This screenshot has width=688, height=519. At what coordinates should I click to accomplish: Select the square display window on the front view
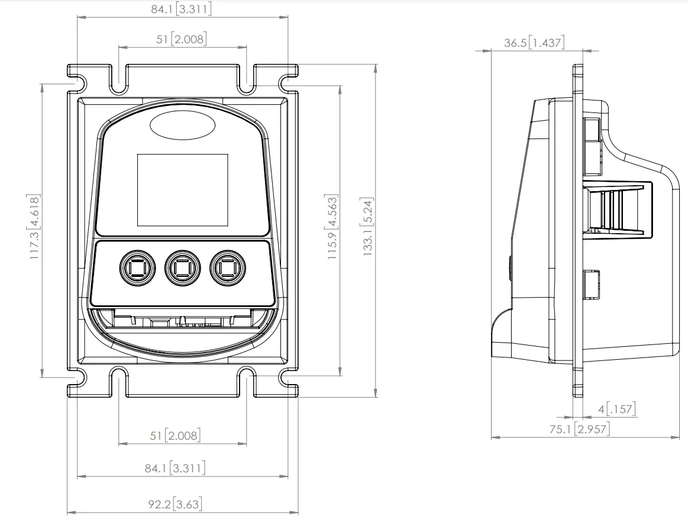click(x=183, y=190)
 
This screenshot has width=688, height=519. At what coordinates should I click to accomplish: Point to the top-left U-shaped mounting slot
click(x=119, y=80)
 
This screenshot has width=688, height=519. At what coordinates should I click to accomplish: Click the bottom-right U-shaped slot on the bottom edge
click(x=247, y=382)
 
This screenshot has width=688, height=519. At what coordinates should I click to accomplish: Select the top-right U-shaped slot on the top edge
click(x=247, y=80)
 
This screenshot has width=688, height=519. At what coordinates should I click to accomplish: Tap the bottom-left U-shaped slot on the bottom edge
click(x=119, y=382)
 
